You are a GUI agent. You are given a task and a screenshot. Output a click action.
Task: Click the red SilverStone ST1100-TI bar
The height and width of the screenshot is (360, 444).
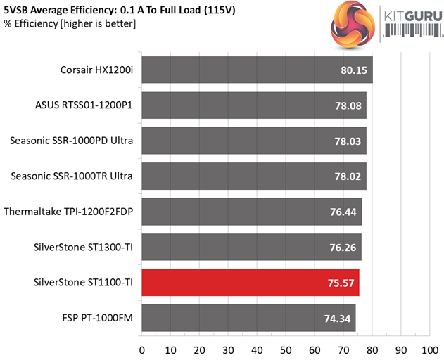(250, 283)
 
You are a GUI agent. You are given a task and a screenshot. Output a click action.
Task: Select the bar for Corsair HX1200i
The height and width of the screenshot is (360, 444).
(257, 70)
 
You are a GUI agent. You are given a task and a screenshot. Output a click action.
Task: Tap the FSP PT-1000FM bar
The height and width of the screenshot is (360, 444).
(248, 319)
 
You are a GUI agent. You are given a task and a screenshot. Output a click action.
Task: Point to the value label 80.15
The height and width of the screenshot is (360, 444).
(354, 70)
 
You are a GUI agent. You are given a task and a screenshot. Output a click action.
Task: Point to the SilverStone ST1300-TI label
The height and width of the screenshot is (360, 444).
(83, 247)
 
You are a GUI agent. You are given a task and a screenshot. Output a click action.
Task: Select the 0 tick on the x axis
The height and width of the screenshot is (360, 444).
(142, 349)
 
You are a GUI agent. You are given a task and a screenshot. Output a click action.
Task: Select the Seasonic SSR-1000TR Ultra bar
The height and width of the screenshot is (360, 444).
(253, 176)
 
